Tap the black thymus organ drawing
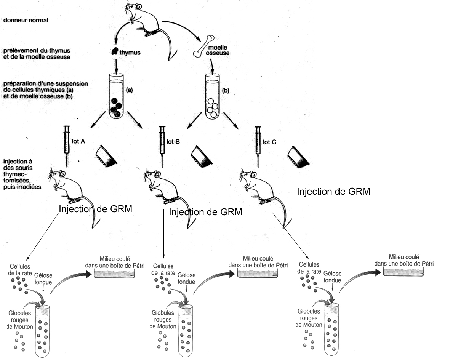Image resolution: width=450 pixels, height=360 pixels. pos(114,52)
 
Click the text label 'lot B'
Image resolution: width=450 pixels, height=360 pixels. pos(173,142)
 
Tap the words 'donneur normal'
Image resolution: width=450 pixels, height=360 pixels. pos(26,20)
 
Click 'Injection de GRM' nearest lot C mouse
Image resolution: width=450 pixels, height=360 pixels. pos(333,192)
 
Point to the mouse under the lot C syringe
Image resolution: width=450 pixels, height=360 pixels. pos(259,187)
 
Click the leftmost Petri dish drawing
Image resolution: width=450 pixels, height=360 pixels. pos(114,274)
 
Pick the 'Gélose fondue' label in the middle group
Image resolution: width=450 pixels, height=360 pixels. pos(186,278)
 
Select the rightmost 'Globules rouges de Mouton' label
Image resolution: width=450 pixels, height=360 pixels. pos(309,318)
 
